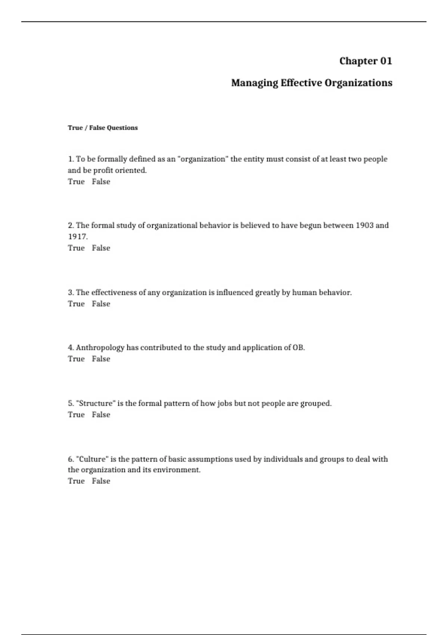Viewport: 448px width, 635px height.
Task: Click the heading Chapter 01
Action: (365, 61)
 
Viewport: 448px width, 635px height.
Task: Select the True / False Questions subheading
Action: (103, 128)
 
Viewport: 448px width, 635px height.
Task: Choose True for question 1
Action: (76, 182)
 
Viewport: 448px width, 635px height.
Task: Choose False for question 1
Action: (101, 182)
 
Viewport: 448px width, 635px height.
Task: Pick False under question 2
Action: (101, 248)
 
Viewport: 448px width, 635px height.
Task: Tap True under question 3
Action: (76, 304)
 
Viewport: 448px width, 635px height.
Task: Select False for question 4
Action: (101, 359)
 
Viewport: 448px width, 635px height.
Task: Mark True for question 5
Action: (76, 415)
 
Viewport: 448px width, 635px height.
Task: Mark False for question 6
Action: (101, 481)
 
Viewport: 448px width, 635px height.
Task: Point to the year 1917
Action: (77, 236)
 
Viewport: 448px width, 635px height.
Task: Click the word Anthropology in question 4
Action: (100, 348)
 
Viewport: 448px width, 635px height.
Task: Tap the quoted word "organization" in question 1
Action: (203, 159)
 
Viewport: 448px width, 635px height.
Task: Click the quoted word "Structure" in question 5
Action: (96, 403)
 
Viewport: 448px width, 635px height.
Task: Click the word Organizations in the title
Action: (358, 83)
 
